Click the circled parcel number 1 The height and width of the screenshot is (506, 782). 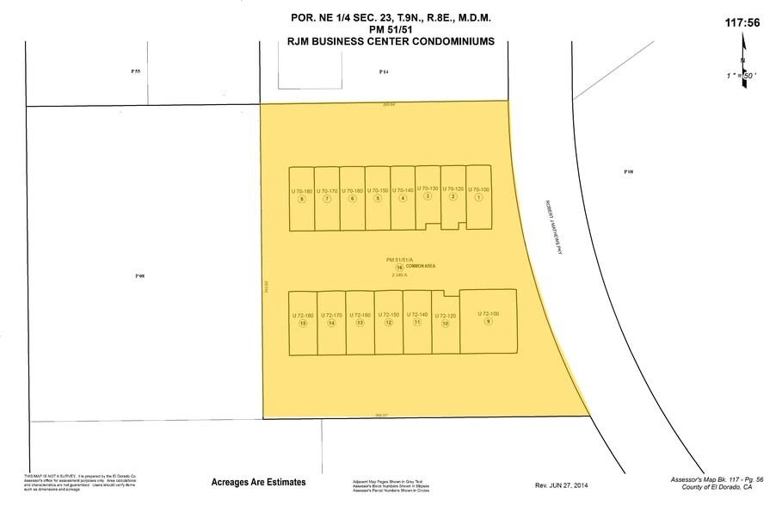[478, 197]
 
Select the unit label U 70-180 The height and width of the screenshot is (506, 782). [301, 190]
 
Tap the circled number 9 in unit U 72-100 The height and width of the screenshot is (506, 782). [488, 322]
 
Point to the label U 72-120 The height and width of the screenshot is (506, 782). [445, 316]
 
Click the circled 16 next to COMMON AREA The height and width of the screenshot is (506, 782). [399, 268]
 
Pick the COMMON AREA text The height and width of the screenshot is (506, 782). [422, 267]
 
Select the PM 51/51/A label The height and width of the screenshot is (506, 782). [399, 259]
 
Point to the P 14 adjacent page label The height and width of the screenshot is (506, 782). [385, 72]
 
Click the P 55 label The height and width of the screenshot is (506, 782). [135, 72]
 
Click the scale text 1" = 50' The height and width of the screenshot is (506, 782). [739, 76]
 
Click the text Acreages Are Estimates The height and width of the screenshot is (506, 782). [258, 483]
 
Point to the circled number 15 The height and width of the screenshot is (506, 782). [303, 323]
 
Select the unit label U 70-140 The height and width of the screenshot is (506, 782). [403, 190]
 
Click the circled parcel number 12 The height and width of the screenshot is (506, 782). [389, 323]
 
